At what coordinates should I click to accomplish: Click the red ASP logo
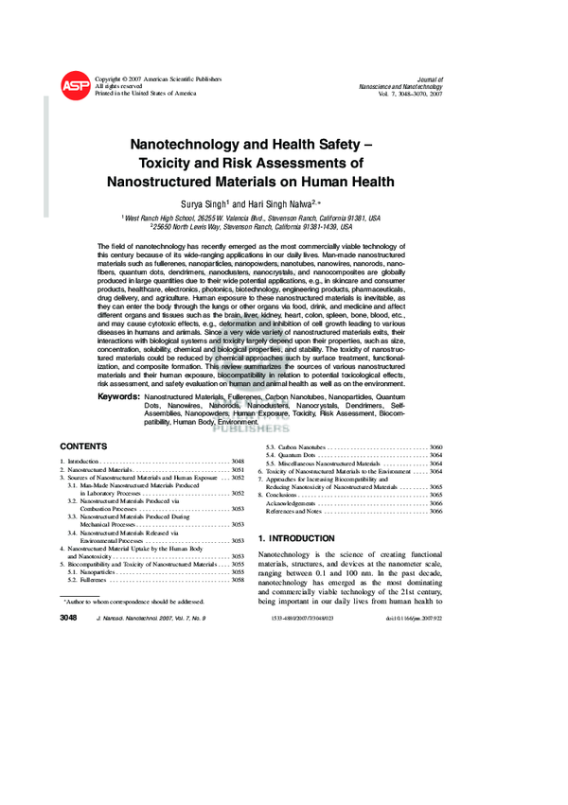coord(76,86)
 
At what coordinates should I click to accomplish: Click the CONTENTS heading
coord(83,446)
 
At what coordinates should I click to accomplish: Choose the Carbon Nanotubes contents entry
coord(295,446)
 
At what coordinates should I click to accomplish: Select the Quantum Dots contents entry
coord(290,456)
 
